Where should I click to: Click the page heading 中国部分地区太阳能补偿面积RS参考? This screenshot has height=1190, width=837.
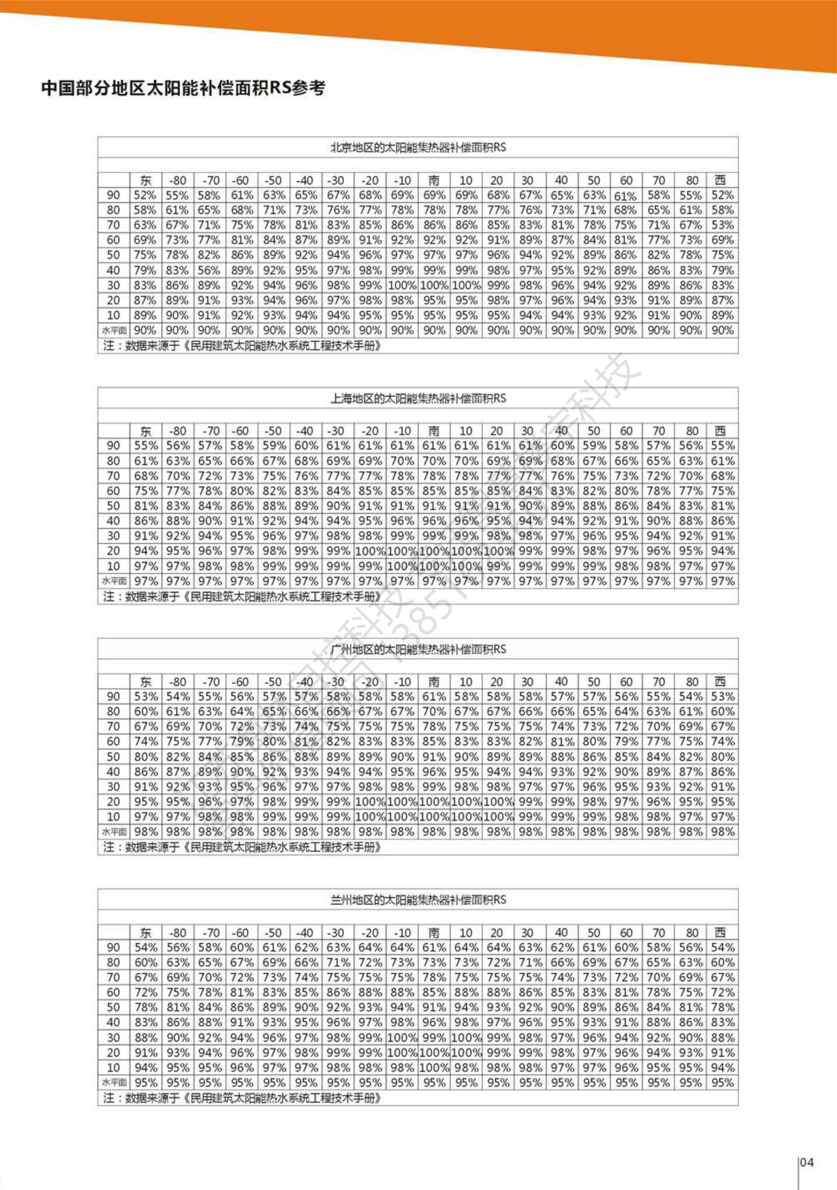coord(183,88)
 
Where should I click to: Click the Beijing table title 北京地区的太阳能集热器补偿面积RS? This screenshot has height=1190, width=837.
coord(418,148)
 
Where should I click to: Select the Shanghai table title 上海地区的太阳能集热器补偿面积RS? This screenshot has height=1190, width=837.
coord(418,399)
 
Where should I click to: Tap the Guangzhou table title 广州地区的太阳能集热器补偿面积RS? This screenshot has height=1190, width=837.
coord(418,649)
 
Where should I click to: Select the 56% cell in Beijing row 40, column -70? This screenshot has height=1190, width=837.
coord(209,270)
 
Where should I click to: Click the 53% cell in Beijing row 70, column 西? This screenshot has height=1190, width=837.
coord(722,225)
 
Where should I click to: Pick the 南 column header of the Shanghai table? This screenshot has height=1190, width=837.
coord(433,431)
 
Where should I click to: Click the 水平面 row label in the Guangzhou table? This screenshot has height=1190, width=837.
coord(114,832)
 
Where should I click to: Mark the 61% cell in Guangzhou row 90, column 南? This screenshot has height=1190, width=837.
coord(433,697)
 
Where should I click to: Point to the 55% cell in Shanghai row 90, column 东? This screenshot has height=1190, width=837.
coord(146,446)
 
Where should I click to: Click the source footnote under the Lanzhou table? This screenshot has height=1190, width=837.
coord(242,1098)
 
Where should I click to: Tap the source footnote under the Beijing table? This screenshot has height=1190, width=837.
coord(242,346)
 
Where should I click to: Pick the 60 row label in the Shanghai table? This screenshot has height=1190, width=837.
coord(114,491)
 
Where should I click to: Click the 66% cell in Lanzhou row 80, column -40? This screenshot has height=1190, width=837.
coord(306,962)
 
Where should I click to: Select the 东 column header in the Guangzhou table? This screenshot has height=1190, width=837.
coord(146,682)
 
